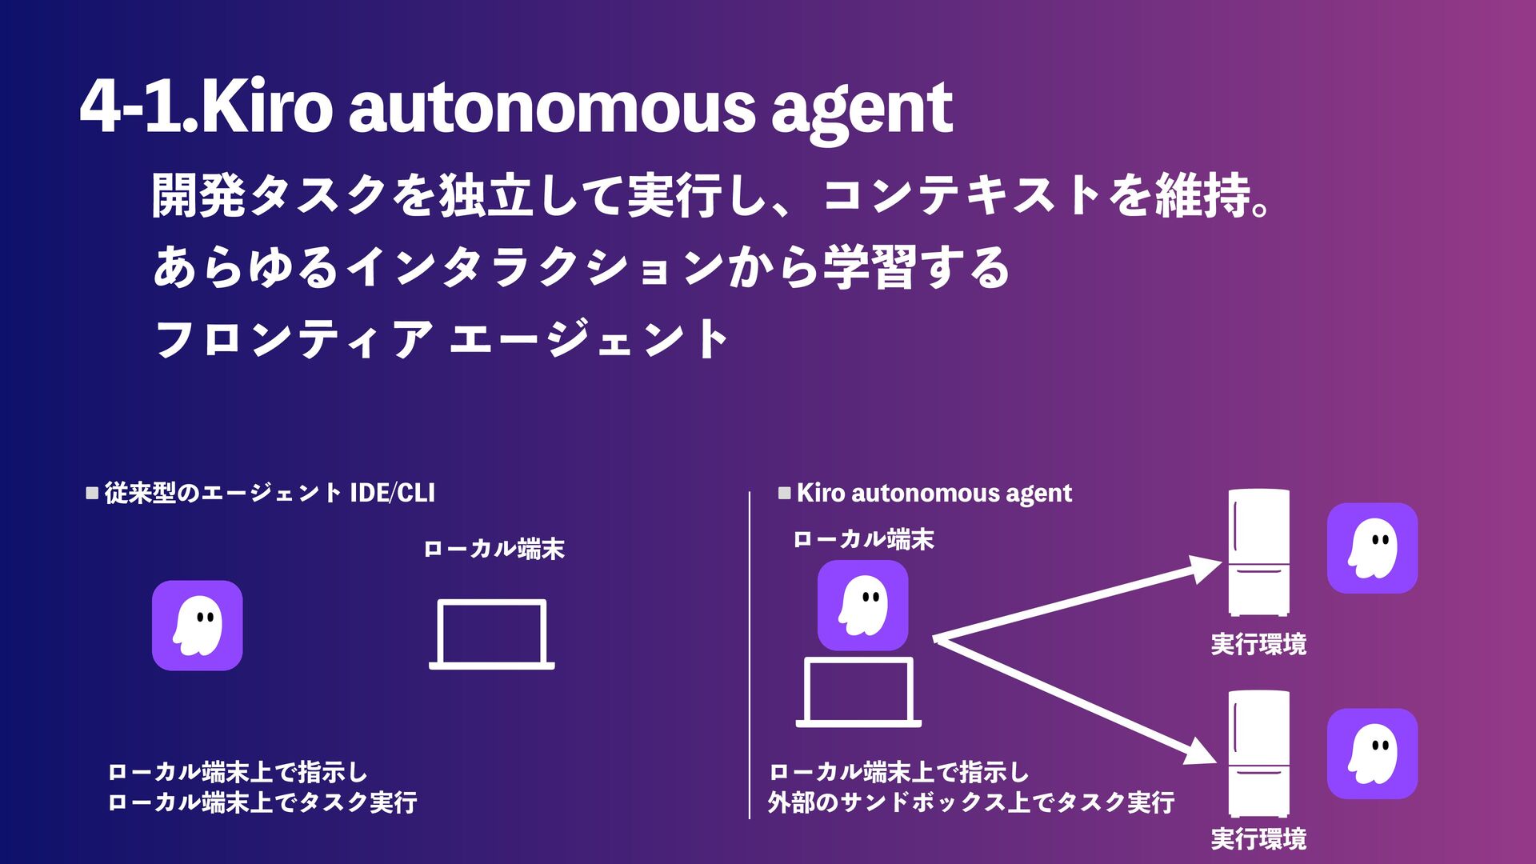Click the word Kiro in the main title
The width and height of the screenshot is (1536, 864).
[266, 108]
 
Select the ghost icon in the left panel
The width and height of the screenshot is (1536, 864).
[198, 626]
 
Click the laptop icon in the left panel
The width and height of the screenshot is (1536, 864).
[492, 634]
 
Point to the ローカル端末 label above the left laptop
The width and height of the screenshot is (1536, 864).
[494, 550]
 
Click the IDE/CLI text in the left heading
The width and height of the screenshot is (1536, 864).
[392, 493]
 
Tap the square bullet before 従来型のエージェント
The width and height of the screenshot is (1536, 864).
[92, 493]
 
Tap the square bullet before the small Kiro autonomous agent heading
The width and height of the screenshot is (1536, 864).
[784, 493]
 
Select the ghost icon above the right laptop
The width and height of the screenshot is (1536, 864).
[862, 605]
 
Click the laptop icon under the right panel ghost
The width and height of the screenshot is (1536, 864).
[858, 692]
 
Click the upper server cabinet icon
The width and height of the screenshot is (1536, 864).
[1258, 552]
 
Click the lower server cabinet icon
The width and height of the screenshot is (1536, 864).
[1258, 753]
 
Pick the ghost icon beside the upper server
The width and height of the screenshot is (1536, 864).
[1372, 548]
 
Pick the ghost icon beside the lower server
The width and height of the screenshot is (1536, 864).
[1372, 753]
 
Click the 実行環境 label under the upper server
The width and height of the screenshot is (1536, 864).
[1258, 644]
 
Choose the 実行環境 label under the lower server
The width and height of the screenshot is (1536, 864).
[1258, 839]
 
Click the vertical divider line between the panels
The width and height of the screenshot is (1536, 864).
[750, 656]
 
